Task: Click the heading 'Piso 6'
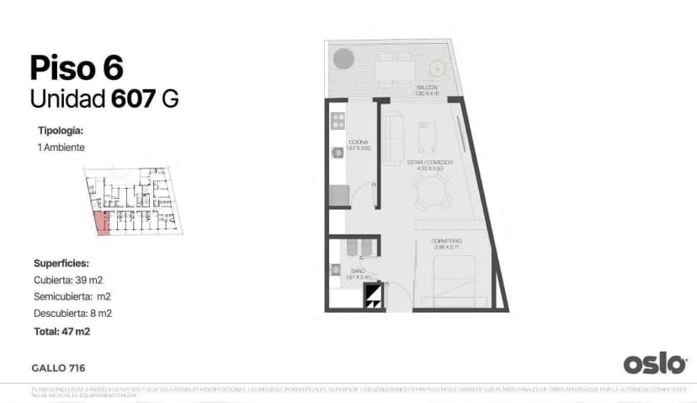point(77,67)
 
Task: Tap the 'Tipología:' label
point(61,131)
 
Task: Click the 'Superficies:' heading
point(61,263)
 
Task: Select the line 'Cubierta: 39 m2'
point(68,279)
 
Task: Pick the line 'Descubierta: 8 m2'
point(72,313)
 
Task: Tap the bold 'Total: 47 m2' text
point(62,331)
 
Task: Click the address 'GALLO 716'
point(58,368)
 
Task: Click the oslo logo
point(654,363)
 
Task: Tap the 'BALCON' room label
point(427,88)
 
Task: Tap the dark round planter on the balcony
point(343,59)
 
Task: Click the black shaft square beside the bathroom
point(372,296)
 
